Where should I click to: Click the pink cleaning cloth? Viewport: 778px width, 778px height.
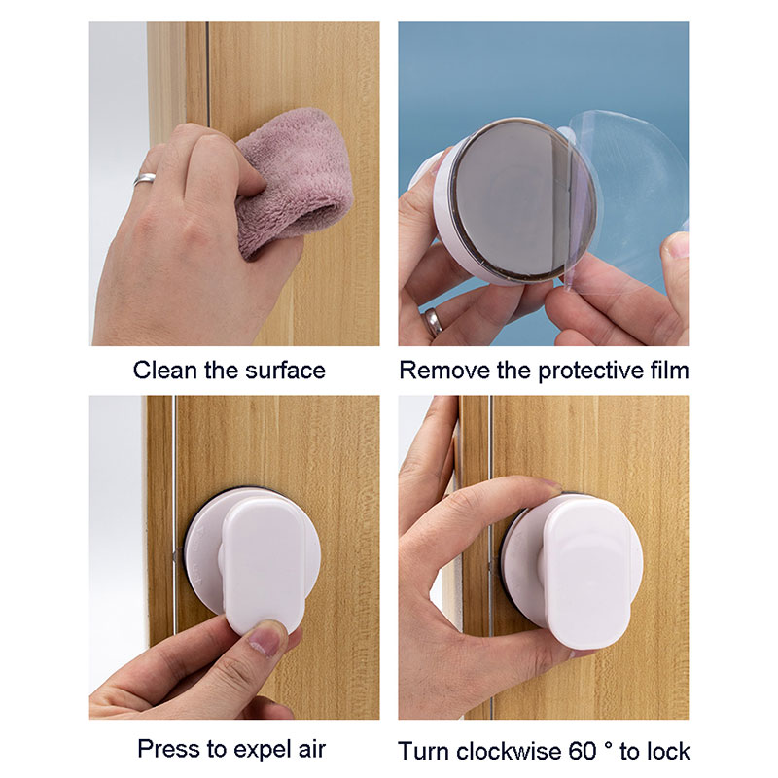click(293, 179)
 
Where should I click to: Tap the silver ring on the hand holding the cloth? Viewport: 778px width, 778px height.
click(144, 178)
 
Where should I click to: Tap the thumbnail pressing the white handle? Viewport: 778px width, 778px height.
click(268, 639)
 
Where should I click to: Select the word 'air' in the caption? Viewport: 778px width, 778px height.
click(312, 749)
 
